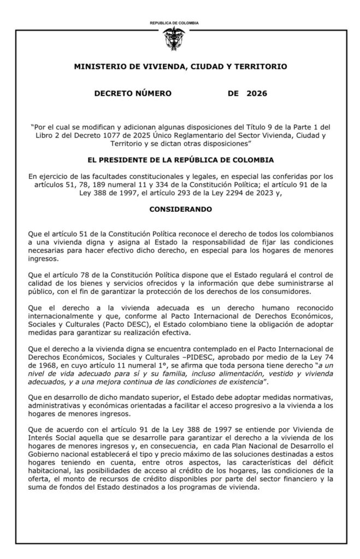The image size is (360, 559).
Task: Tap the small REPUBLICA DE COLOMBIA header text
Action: (174, 23)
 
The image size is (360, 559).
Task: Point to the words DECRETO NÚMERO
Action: (133, 93)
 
